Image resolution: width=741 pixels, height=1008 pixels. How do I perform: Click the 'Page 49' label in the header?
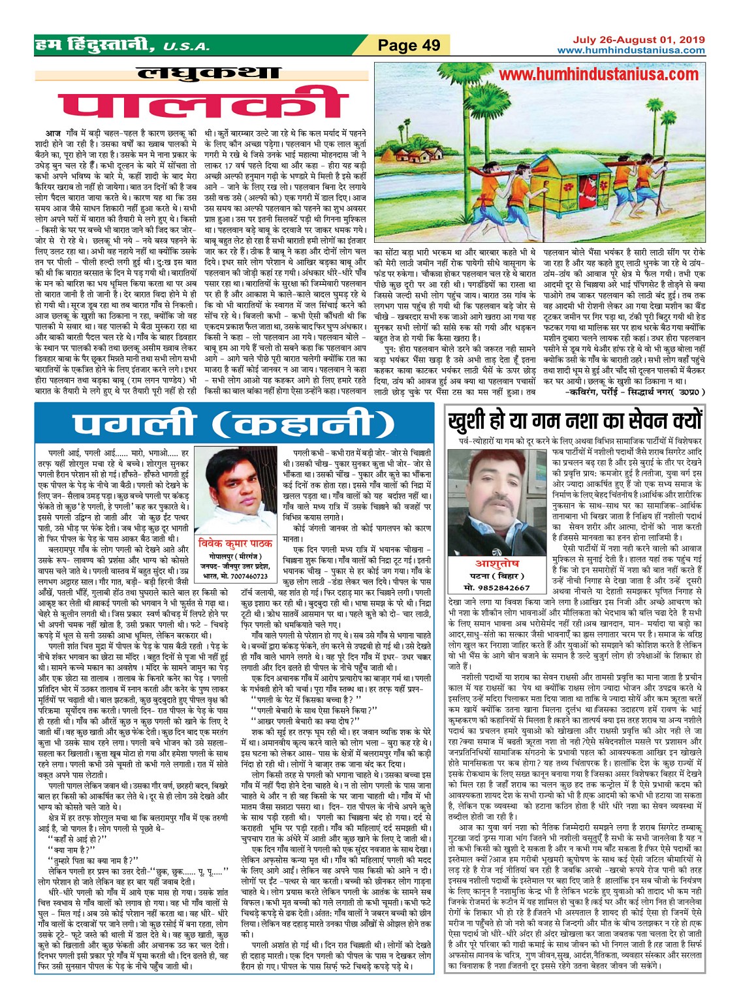pos(409,46)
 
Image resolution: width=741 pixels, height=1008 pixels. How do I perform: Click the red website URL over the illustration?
pos(598,74)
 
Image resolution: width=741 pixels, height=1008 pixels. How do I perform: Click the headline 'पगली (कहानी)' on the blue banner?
pos(233,424)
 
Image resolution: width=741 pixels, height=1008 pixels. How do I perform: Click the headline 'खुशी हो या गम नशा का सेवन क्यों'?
pos(575,419)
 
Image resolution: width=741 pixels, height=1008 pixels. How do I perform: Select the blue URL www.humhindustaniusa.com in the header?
pos(631,50)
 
